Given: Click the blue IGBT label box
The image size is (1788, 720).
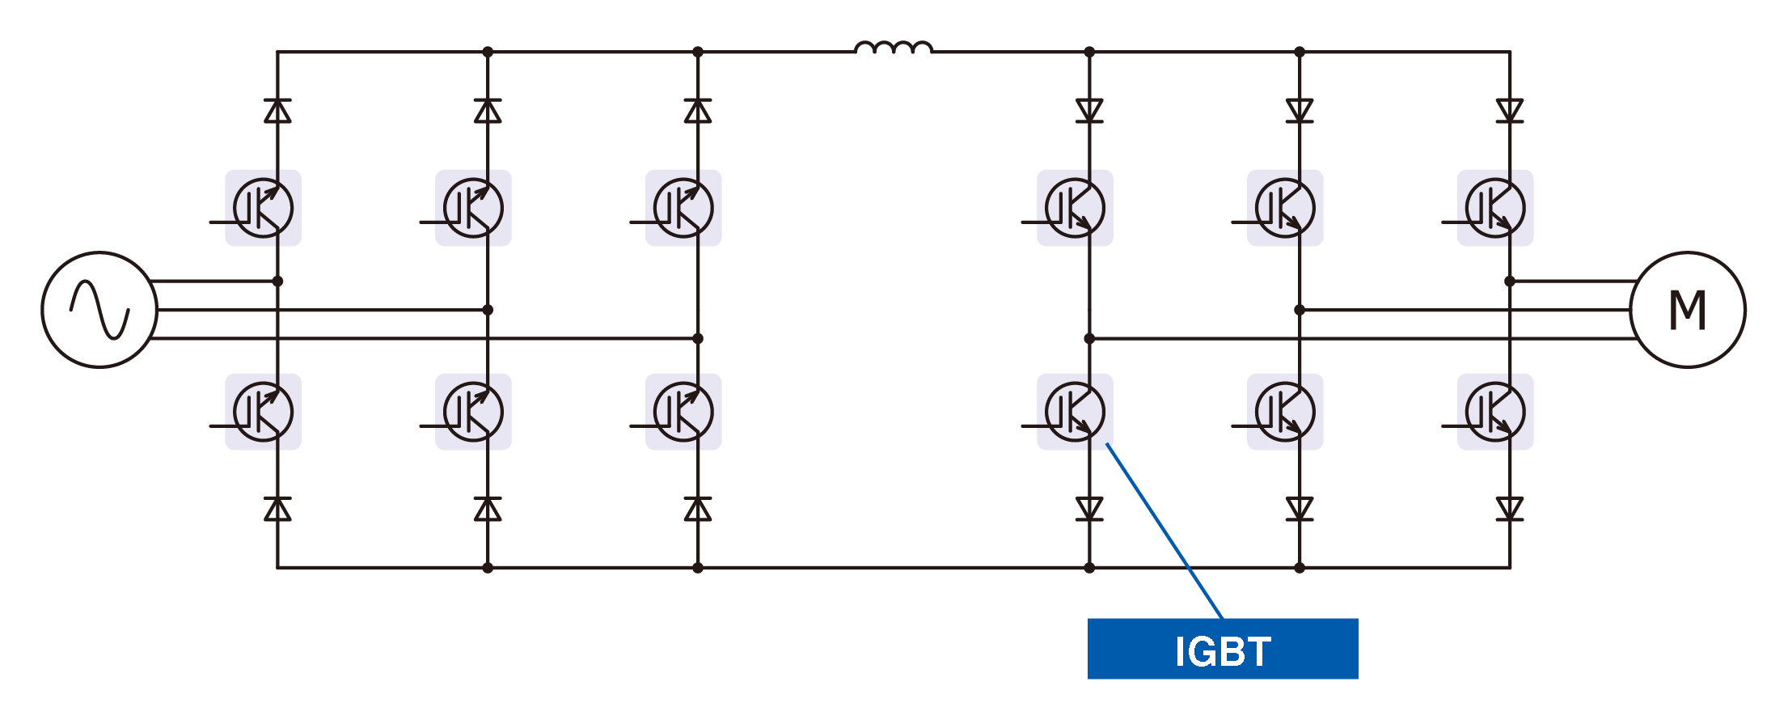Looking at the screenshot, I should click(x=1222, y=649).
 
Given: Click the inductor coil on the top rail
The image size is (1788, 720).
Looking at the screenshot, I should click(x=893, y=49).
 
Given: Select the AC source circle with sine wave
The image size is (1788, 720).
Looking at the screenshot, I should click(x=99, y=310).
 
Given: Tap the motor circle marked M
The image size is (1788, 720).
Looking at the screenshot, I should click(x=1687, y=310).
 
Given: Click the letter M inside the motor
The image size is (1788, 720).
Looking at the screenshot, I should click(x=1688, y=311).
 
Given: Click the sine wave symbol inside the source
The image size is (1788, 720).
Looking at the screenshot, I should click(x=99, y=310).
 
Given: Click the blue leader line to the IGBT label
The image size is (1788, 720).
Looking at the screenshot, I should click(x=1165, y=531).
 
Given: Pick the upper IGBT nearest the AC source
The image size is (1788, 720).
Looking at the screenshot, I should click(x=263, y=208).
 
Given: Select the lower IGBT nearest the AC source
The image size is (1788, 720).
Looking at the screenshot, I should click(x=263, y=412).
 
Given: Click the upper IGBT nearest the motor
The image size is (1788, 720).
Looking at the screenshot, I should click(x=1494, y=208).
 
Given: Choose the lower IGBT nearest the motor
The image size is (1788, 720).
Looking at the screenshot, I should click(x=1494, y=412).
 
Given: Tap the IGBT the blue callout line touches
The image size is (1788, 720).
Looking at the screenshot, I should click(x=1075, y=412).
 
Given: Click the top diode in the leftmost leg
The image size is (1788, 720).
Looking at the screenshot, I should click(x=277, y=111).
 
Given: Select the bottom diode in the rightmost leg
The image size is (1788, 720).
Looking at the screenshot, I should click(x=1509, y=509).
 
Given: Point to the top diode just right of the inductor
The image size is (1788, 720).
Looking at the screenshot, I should click(x=1088, y=111).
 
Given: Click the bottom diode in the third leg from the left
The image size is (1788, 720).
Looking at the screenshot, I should click(x=697, y=509).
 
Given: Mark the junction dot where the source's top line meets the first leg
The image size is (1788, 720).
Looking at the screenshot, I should click(x=277, y=282).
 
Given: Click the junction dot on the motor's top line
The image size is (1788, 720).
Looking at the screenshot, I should click(x=1509, y=282).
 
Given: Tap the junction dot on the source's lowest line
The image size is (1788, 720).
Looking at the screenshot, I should click(x=697, y=338).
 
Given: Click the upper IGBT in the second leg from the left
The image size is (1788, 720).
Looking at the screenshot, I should click(x=473, y=208).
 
